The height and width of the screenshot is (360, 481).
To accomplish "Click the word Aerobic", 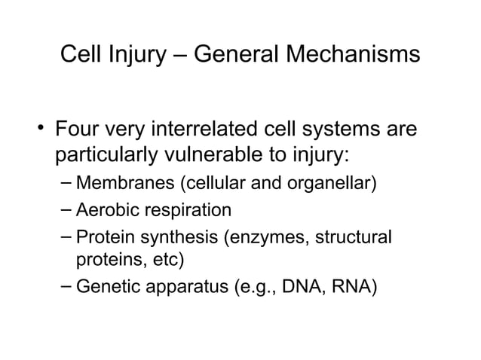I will click(x=106, y=209).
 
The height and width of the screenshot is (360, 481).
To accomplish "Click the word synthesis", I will click(x=177, y=236).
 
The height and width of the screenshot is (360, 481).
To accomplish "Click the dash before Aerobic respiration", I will click(x=66, y=209).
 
